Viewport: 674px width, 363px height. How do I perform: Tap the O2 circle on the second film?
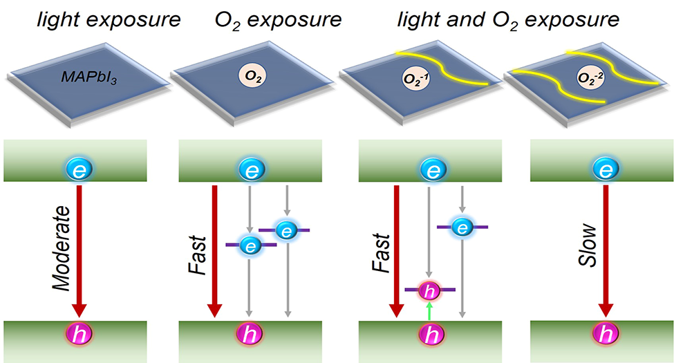[x=252, y=74]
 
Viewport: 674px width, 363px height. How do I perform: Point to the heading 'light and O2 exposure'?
[x=507, y=21]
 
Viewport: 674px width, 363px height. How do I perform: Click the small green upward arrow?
[x=430, y=310]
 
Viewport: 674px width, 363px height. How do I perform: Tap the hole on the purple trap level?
[x=430, y=290]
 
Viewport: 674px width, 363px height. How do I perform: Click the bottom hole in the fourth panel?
[x=606, y=334]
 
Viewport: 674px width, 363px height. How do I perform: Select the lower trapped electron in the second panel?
[x=250, y=245]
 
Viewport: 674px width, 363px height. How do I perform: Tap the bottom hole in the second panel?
[x=250, y=334]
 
